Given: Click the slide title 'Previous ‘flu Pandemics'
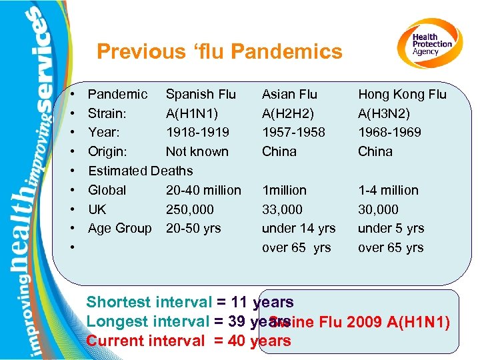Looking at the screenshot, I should pyautogui.click(x=219, y=51).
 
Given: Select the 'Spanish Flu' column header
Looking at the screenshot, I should pyautogui.click(x=201, y=94).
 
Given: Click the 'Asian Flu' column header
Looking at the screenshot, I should pyautogui.click(x=289, y=94).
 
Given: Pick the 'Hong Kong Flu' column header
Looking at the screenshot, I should pyautogui.click(x=402, y=94).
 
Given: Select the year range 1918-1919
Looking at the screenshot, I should pyautogui.click(x=197, y=132).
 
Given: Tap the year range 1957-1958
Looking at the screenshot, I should pyautogui.click(x=293, y=132).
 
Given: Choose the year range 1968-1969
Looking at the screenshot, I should pyautogui.click(x=389, y=132).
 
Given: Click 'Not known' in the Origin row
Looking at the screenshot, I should pyautogui.click(x=197, y=151).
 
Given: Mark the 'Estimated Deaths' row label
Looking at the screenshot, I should pyautogui.click(x=140, y=171).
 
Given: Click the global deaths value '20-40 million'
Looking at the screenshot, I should pyautogui.click(x=203, y=190).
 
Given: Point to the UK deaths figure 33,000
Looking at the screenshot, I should pyautogui.click(x=282, y=209).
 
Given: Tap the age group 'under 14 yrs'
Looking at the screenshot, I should pyautogui.click(x=299, y=228).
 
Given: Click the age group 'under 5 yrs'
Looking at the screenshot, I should pyautogui.click(x=391, y=228).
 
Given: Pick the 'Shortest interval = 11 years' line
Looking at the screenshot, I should pyautogui.click(x=189, y=302).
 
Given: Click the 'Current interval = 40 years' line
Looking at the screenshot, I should pyautogui.click(x=189, y=341).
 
